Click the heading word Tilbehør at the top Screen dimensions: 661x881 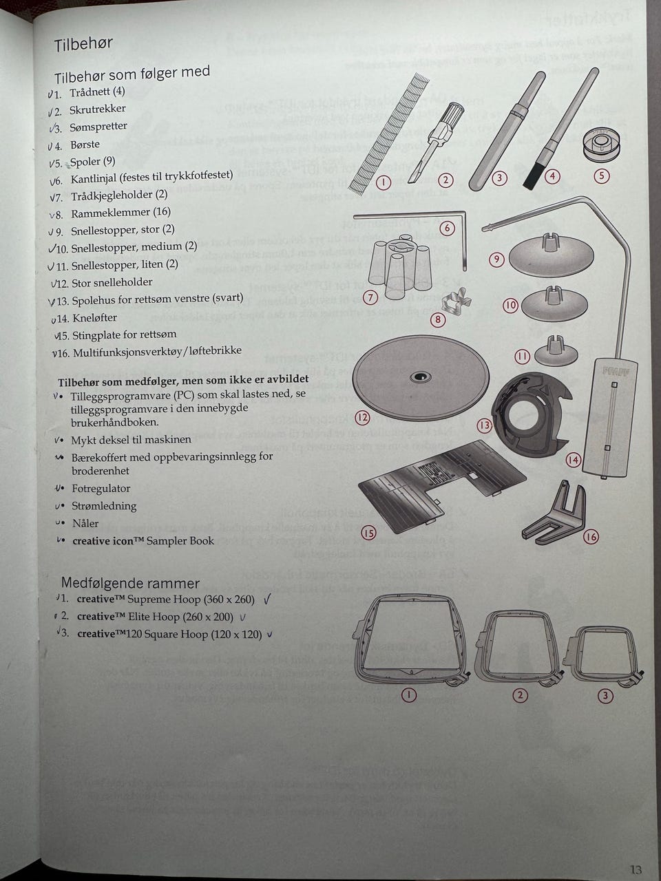[83, 44]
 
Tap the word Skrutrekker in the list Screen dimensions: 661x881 [98, 109]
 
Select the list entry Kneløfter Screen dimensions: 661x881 [95, 318]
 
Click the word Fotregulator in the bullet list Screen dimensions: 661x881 [101, 489]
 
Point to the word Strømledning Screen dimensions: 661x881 [104, 506]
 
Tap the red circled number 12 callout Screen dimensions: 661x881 [362, 418]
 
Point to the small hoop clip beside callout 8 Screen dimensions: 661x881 [457, 301]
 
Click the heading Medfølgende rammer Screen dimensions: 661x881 [130, 583]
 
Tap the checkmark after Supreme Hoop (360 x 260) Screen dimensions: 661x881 [267, 599]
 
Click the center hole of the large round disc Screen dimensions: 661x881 [420, 376]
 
